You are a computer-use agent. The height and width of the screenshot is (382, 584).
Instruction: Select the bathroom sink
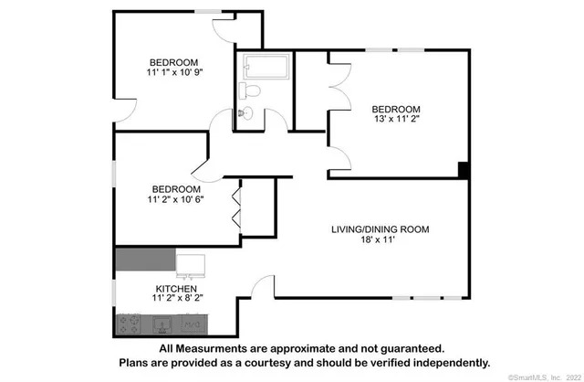[x=244, y=113]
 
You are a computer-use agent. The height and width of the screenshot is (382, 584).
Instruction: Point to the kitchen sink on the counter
[x=162, y=324]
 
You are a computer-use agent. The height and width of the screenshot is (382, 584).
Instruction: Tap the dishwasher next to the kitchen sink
[x=192, y=324]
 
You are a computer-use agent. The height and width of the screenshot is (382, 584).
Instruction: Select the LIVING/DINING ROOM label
[x=380, y=228]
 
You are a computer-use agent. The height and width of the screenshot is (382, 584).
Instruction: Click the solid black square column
[x=464, y=170]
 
